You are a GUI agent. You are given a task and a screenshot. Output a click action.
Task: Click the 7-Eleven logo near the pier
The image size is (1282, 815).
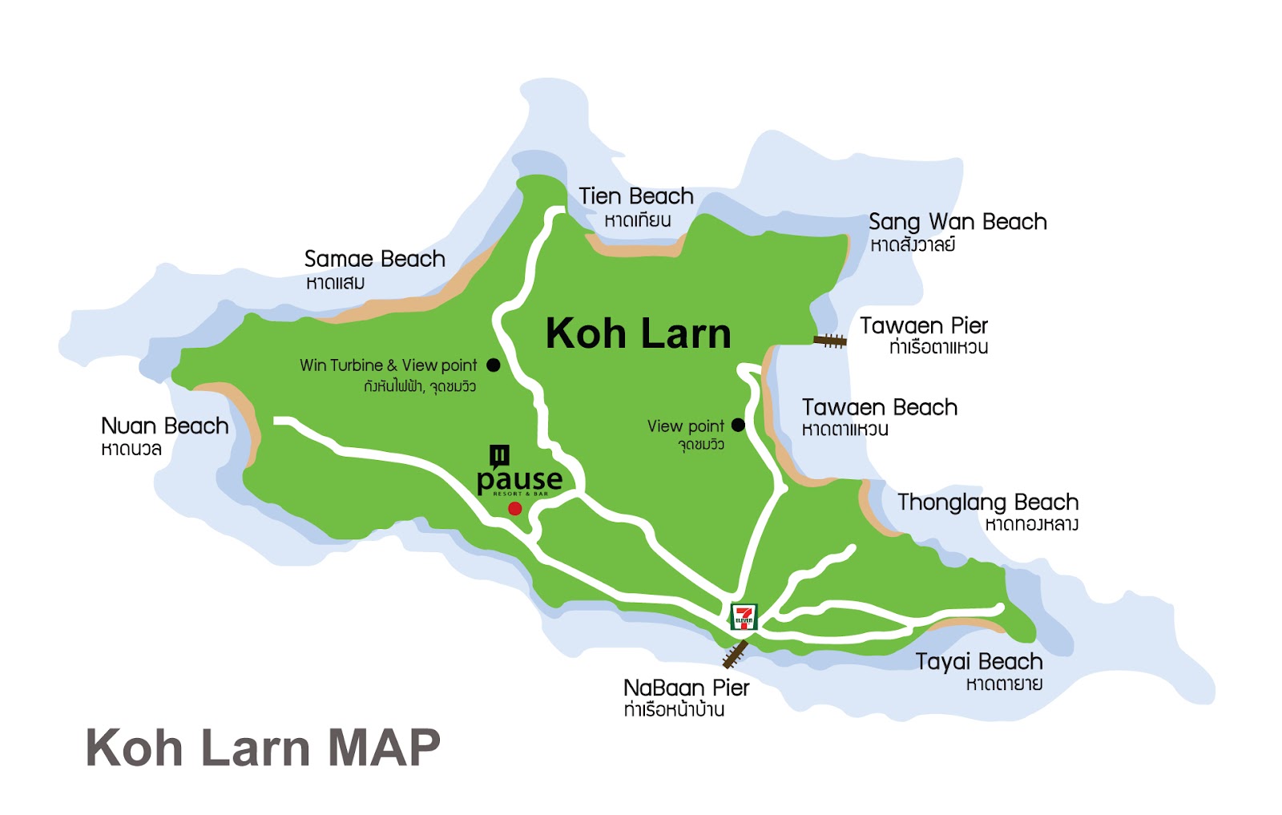pos(744,616)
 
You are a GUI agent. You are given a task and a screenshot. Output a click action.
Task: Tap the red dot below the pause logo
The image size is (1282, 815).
pos(515,509)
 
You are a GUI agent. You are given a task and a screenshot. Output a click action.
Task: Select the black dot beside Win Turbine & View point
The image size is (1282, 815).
pos(494,365)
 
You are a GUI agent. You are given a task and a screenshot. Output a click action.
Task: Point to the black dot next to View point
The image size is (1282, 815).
pos(738,426)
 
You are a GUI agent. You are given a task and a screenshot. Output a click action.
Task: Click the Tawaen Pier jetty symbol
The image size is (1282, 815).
pos(830,341)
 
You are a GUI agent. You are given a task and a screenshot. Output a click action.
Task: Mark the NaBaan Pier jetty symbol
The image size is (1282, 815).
pos(735,654)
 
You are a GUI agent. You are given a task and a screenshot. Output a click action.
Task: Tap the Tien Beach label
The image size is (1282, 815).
pos(636,196)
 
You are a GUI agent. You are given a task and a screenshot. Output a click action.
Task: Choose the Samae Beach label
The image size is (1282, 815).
pos(374,259)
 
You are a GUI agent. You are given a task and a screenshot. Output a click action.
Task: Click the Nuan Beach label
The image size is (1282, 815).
pos(164,426)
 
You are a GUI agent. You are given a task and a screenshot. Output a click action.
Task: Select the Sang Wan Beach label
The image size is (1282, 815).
pos(957,222)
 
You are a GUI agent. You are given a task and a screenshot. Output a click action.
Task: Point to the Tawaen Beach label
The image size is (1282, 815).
pos(880,408)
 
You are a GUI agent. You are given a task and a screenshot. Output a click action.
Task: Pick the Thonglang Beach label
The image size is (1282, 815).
pos(987,502)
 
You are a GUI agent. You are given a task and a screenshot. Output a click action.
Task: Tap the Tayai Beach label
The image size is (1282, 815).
pos(978,662)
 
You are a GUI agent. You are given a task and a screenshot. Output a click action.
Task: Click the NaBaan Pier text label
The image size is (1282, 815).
pos(686,688)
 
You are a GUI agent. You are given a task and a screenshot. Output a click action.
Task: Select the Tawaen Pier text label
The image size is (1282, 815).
pos(923,326)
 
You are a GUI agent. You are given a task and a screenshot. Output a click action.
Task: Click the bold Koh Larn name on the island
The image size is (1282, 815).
pos(638,333)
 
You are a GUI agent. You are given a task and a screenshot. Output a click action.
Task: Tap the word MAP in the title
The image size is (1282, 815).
pos(385,748)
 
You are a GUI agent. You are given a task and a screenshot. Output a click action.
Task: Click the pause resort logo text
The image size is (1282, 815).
pos(519,480)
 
